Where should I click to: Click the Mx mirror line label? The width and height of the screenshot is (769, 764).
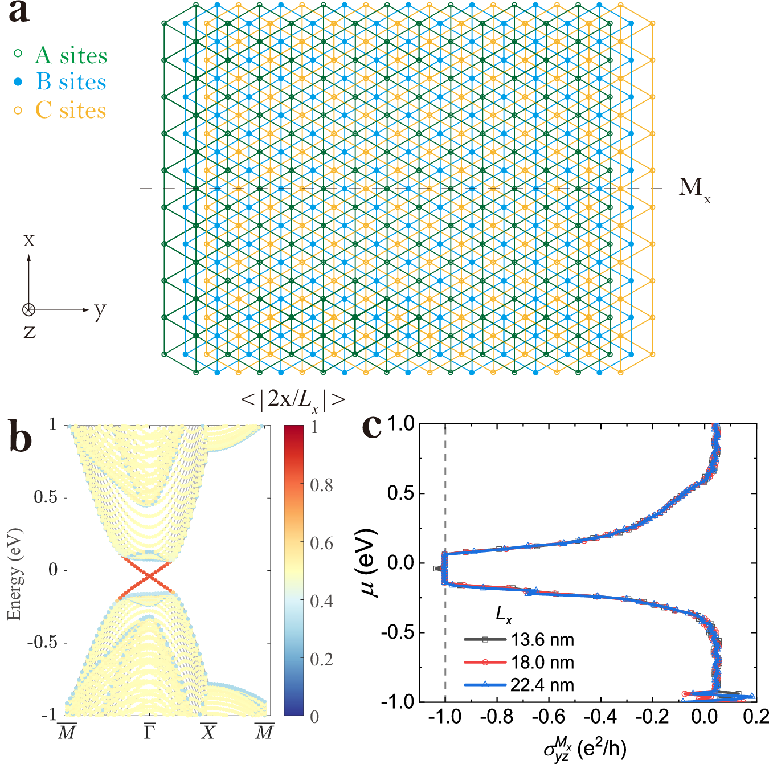click(x=694, y=189)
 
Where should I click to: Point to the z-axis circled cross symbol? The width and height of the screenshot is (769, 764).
click(x=28, y=310)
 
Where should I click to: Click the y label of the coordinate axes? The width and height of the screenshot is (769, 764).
click(x=100, y=310)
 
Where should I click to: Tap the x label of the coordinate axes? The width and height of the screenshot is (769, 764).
click(x=28, y=240)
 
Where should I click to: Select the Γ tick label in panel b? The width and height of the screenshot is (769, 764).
click(x=149, y=732)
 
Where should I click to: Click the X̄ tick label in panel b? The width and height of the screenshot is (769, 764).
click(x=208, y=732)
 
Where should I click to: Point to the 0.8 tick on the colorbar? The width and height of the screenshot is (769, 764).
click(x=321, y=485)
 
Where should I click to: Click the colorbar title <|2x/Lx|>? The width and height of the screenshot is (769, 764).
click(x=293, y=400)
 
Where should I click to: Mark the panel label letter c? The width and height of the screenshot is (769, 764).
click(x=372, y=426)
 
